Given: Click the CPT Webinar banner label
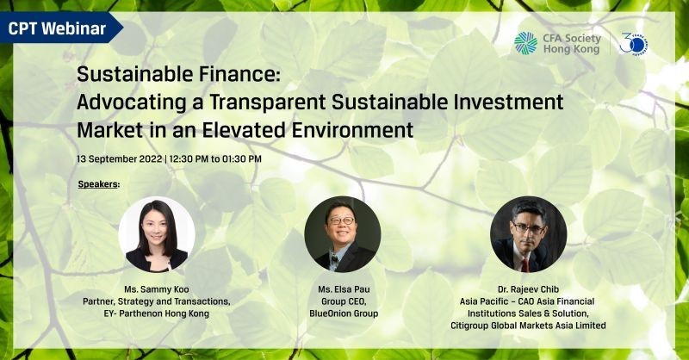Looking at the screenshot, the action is click(x=57, y=28).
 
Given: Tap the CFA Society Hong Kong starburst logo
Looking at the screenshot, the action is click(x=525, y=43).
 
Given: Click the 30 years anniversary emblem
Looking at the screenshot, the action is click(x=634, y=44).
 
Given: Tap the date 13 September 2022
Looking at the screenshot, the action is click(x=120, y=158).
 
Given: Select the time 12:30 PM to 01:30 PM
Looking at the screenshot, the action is click(x=215, y=158).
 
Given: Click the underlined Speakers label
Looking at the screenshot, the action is click(x=98, y=184).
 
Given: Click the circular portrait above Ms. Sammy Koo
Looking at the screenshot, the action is click(x=157, y=234).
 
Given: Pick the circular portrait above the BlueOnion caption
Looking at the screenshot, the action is click(x=342, y=234).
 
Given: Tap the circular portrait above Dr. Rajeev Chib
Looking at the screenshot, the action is click(x=528, y=234).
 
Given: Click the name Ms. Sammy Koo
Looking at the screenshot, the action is click(x=157, y=289).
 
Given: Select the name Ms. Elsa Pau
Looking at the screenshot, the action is click(x=344, y=289).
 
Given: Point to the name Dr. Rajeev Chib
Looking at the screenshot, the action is click(x=528, y=289).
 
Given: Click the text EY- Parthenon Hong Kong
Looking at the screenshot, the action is click(x=157, y=313).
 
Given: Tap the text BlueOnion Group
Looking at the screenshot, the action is click(x=344, y=313).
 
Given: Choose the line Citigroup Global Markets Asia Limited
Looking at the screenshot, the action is click(x=528, y=326).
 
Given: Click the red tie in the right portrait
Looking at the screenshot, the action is click(x=525, y=265).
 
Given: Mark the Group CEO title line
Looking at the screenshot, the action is click(x=344, y=301).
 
